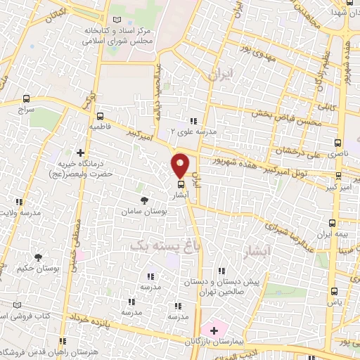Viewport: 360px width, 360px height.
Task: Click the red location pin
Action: [181, 165]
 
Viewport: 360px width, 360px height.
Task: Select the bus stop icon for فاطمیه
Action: [100, 116]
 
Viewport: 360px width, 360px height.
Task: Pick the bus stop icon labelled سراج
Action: [26, 99]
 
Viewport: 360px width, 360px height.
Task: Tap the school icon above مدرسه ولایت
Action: [19, 202]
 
